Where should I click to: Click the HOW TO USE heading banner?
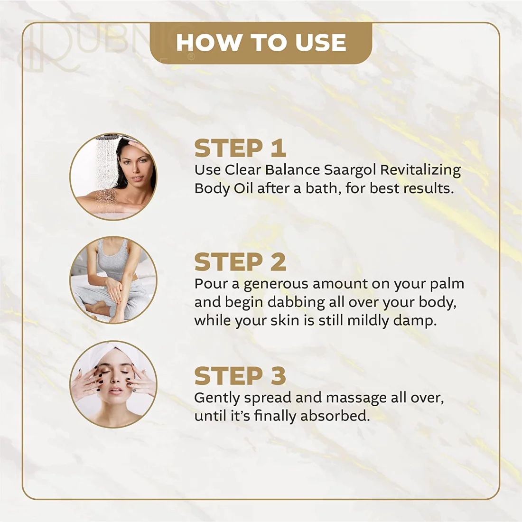(261, 43)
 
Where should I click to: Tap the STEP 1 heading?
(240, 149)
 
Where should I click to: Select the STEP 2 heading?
(240, 262)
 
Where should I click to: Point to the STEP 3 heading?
(240, 376)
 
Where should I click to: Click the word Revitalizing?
(420, 170)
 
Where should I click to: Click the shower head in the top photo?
(107, 137)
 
